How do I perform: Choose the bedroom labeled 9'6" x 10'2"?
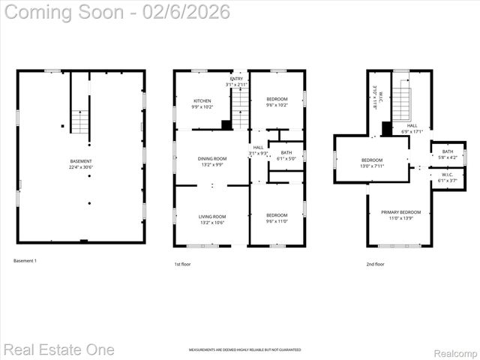(277, 102)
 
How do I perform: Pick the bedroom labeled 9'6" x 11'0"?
(277, 218)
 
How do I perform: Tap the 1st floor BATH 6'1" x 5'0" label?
(286, 155)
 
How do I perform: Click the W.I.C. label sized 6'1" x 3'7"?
(447, 178)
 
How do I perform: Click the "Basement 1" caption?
(25, 261)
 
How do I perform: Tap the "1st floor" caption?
(181, 264)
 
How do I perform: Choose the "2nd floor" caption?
(375, 264)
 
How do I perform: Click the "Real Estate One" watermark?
(59, 349)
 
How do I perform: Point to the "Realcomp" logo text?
(455, 351)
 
